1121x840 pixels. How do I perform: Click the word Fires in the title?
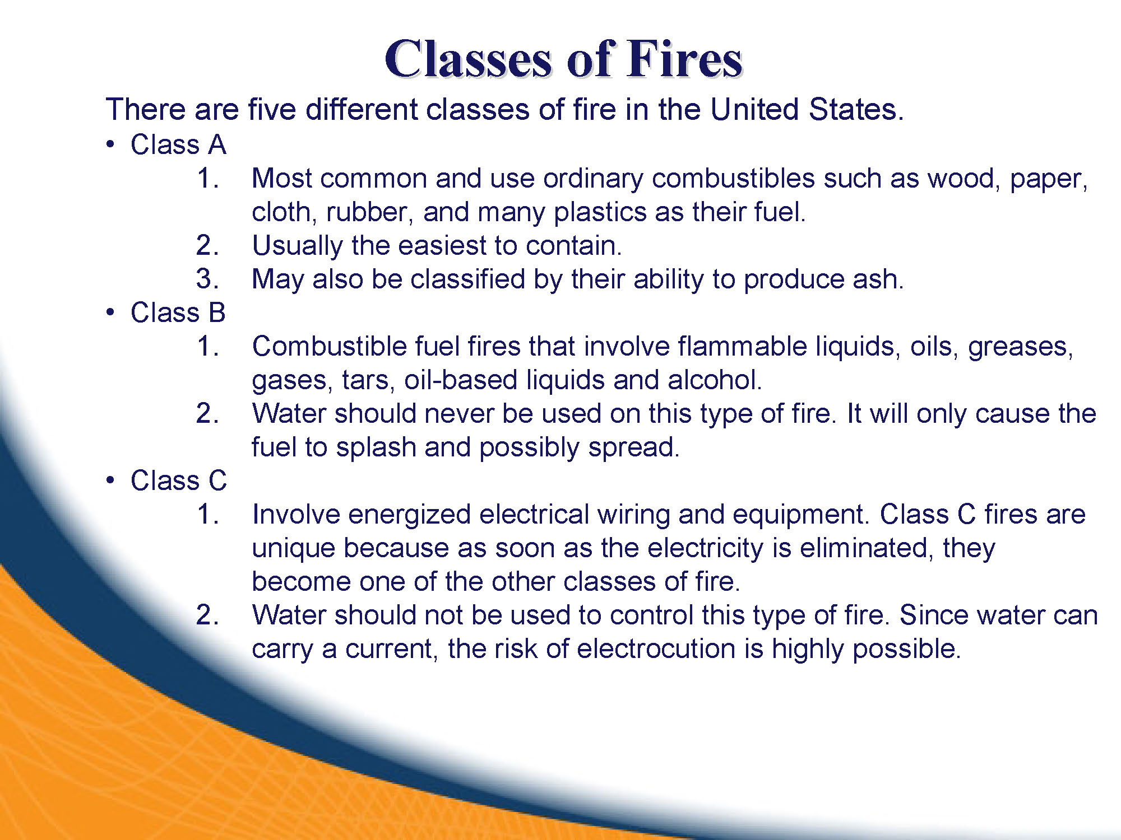click(x=684, y=59)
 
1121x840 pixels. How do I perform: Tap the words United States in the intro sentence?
click(x=807, y=109)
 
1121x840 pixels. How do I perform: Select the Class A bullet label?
click(x=178, y=144)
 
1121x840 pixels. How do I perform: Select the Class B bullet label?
click(x=178, y=312)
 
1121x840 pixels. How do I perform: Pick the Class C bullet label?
click(x=179, y=480)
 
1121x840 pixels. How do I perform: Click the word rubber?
click(x=370, y=212)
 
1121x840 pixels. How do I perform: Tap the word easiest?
click(x=442, y=246)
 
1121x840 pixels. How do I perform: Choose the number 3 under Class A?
click(x=207, y=279)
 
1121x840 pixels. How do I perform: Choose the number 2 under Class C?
click(x=207, y=615)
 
